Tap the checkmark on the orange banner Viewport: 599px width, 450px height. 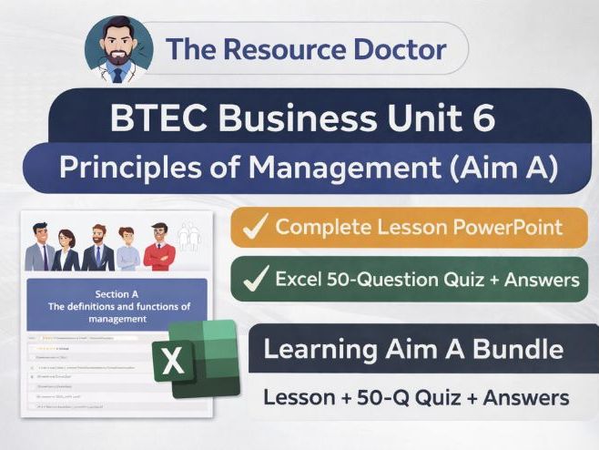(x=256, y=227)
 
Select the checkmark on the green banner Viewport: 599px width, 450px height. (x=256, y=279)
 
